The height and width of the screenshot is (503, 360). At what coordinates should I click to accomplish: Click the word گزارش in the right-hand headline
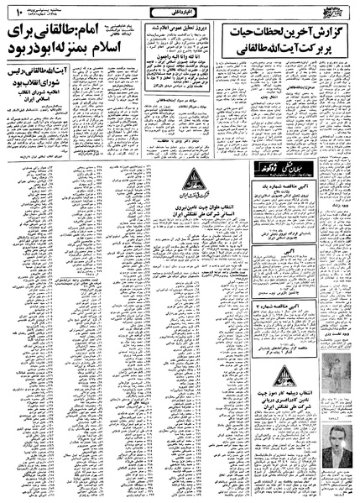(x=332, y=31)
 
